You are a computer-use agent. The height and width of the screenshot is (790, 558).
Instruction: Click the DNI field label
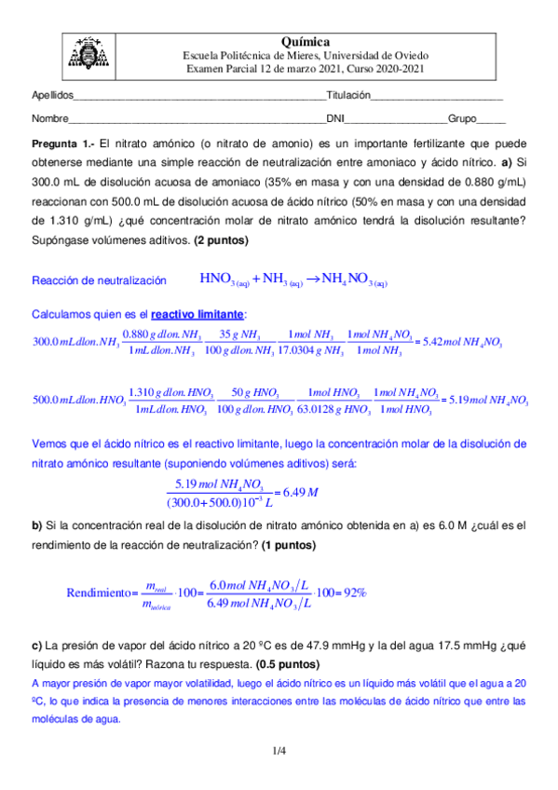(x=334, y=119)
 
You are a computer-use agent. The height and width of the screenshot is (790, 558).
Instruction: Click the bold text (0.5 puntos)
(x=281, y=664)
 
